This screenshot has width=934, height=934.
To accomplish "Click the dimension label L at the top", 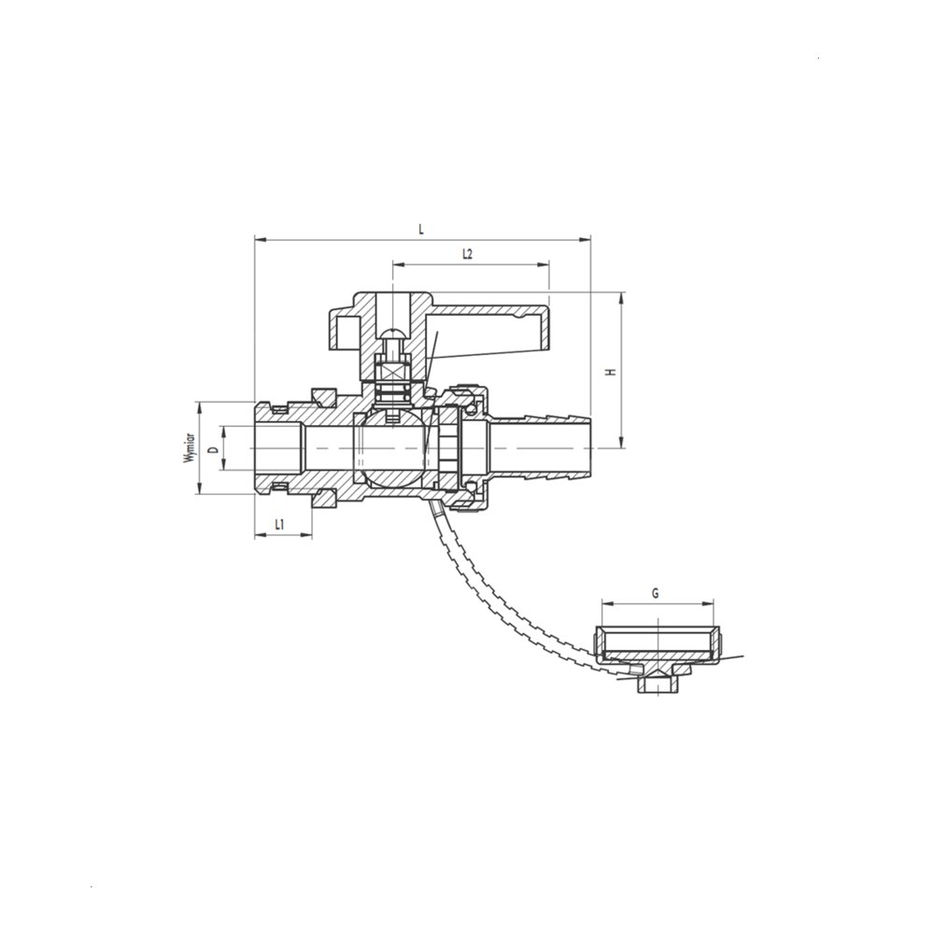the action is [x=421, y=230].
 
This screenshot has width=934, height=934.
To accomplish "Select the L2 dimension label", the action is [x=468, y=254].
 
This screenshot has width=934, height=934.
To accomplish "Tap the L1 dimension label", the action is [x=281, y=525].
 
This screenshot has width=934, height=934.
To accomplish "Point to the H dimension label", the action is [x=609, y=373].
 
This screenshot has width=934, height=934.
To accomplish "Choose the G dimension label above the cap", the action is [x=656, y=593].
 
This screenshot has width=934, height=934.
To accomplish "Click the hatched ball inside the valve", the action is [x=390, y=448].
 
